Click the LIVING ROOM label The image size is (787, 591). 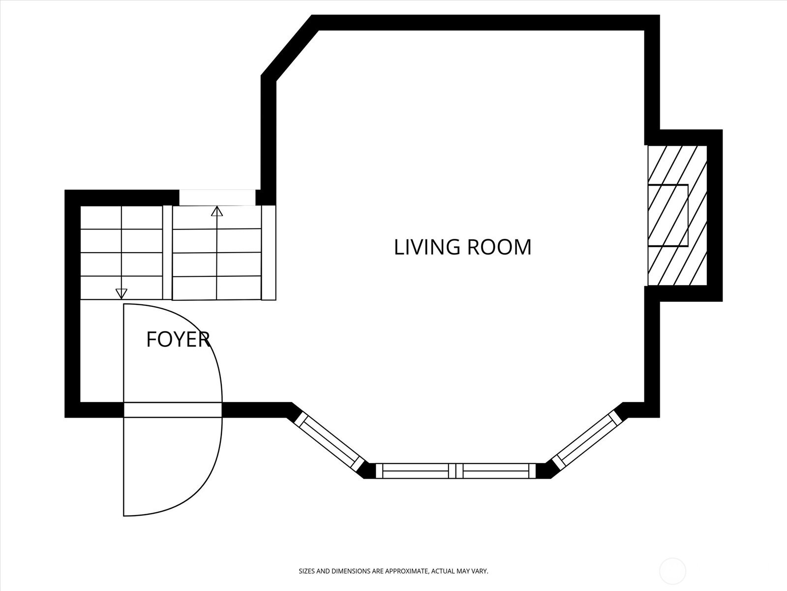point(462,247)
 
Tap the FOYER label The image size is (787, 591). point(178,339)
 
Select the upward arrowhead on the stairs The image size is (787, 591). point(216,211)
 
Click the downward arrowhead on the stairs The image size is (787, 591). point(121,294)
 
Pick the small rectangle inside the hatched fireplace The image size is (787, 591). point(668,215)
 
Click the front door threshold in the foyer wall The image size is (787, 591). point(173,410)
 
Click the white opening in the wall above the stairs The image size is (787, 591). point(217,197)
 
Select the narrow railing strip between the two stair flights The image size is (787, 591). point(167,252)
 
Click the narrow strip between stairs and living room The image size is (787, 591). point(269,253)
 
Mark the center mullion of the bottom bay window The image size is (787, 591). point(455,471)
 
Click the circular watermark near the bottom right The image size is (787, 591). point(672,571)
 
